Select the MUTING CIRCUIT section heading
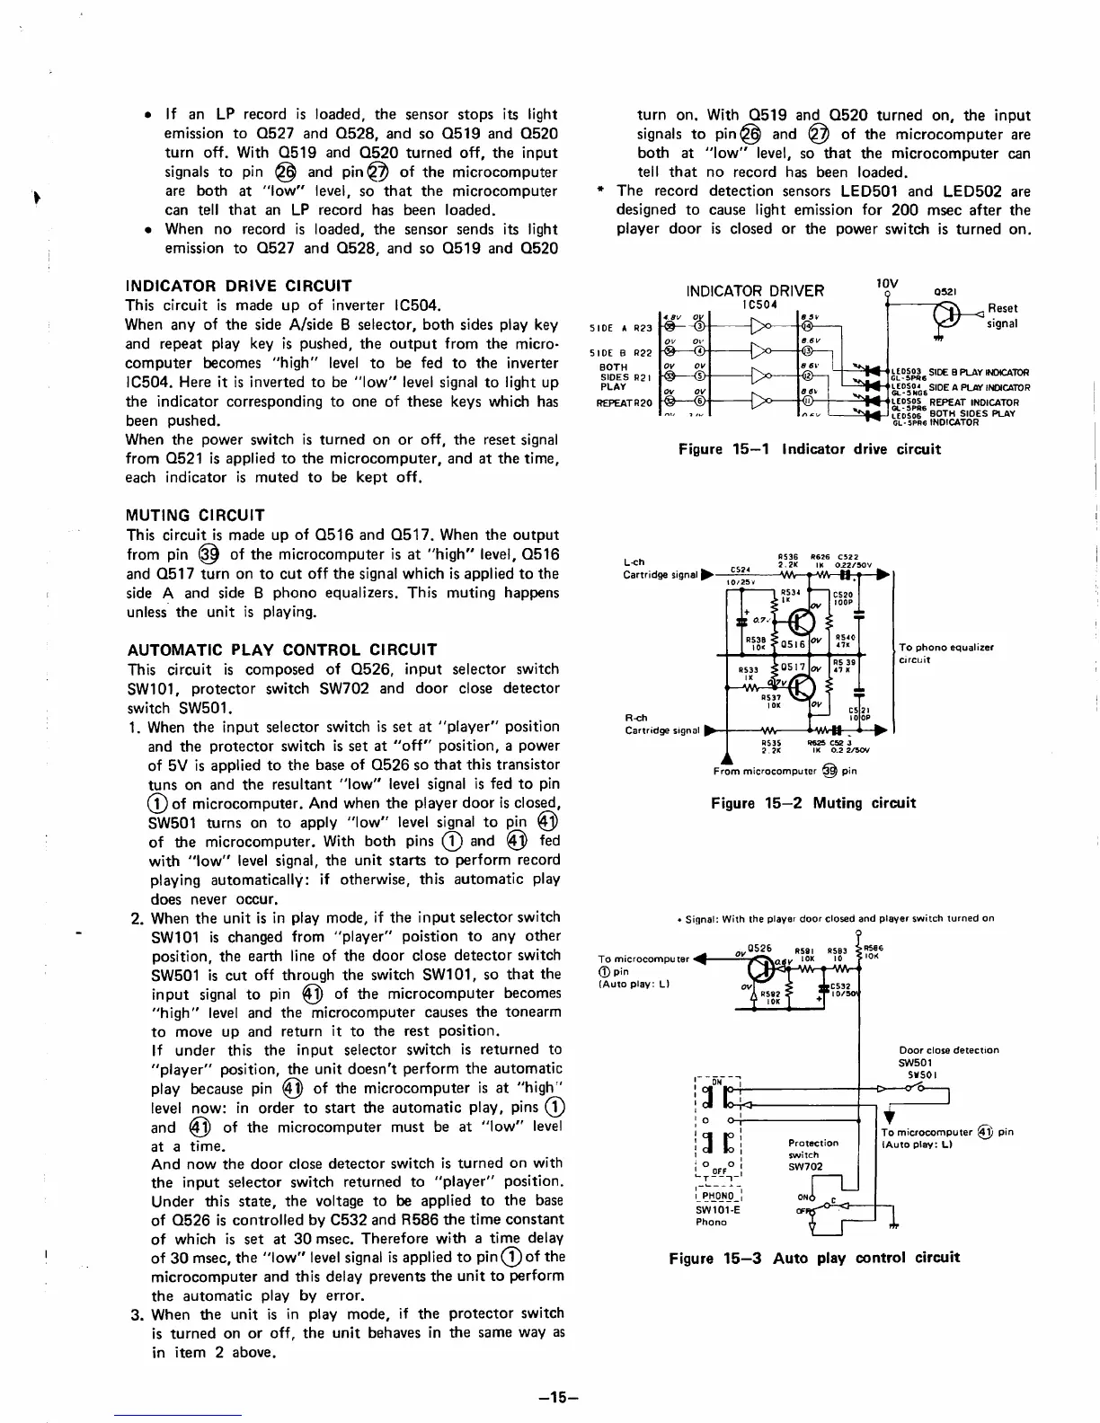click(x=196, y=515)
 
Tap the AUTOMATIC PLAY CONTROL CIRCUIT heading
click(x=282, y=650)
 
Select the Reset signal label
click(x=1001, y=315)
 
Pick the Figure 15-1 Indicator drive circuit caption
click(x=809, y=448)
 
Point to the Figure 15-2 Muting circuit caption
click(x=812, y=802)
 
